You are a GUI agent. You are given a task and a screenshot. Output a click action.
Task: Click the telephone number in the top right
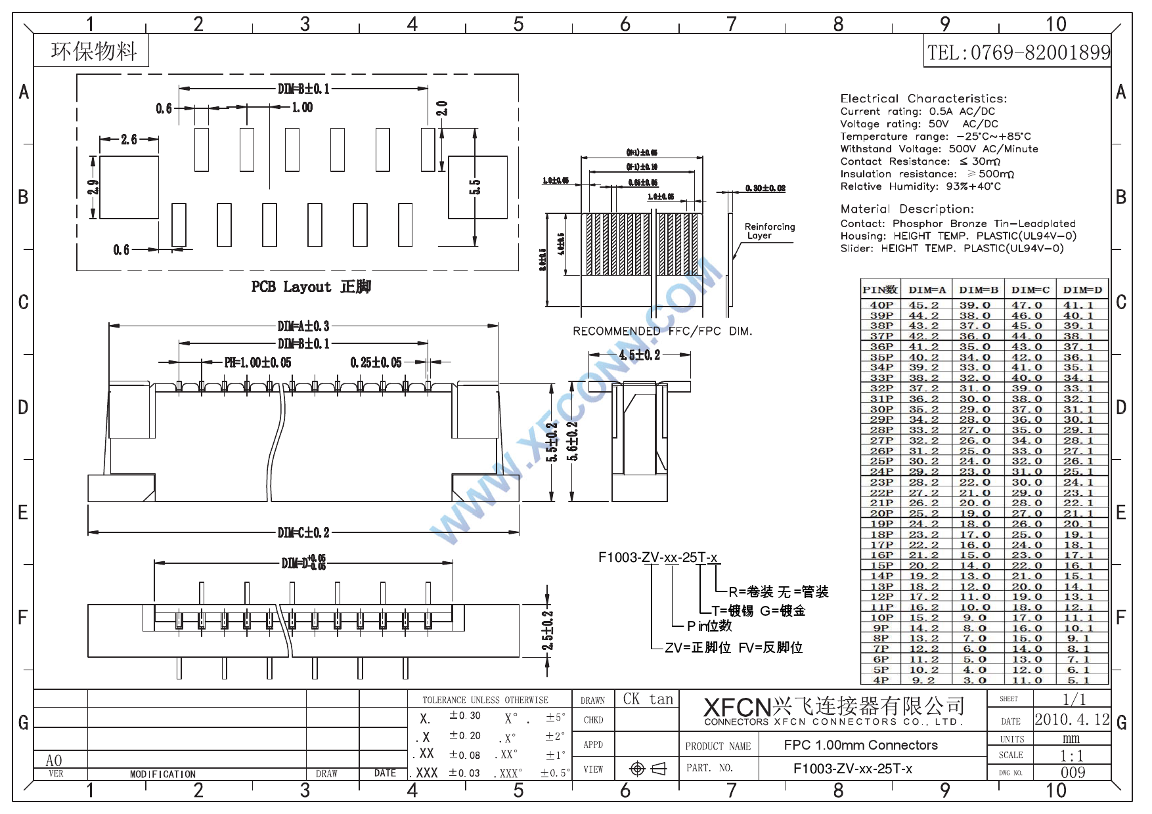[x=1018, y=53]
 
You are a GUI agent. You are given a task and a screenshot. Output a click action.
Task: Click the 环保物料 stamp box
[x=93, y=51]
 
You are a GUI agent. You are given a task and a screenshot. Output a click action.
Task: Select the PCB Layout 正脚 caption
[x=311, y=287]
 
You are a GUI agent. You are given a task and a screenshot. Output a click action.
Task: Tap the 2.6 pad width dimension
[x=129, y=139]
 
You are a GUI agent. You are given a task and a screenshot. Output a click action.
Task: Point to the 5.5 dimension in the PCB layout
[x=475, y=187]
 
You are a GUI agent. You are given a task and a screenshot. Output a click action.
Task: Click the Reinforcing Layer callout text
[x=769, y=231]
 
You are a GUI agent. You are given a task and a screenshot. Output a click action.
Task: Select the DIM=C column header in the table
[x=1030, y=289]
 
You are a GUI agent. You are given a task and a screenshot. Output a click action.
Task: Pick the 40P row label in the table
[x=881, y=305]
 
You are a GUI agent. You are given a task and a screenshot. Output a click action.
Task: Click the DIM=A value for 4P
[x=923, y=680]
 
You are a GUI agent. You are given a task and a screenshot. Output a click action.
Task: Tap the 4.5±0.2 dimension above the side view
[x=639, y=355]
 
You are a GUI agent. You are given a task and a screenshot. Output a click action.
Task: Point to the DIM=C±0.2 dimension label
[x=303, y=532]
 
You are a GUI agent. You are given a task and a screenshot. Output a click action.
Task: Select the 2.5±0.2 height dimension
[x=548, y=630]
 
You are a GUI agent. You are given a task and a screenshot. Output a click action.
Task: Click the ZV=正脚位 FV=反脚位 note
[x=733, y=648]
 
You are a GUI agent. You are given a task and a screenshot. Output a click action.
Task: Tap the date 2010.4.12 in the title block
[x=1071, y=719]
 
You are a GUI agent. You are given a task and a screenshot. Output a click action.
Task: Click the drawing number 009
[x=1073, y=773]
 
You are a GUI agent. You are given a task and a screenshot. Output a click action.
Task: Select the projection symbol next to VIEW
[x=648, y=769]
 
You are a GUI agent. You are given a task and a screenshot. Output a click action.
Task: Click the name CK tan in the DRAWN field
[x=648, y=699]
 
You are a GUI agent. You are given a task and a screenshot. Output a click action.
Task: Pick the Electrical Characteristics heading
[x=923, y=98]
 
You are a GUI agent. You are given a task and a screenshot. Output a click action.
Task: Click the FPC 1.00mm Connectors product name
[x=860, y=745]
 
